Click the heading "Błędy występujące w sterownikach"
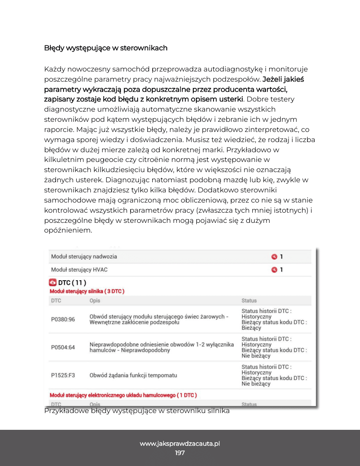tap(105, 48)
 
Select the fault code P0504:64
tap(63, 347)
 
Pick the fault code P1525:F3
tap(63, 375)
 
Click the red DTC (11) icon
tap(53, 282)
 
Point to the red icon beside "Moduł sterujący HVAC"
tap(274, 270)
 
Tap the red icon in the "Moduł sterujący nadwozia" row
tap(274, 256)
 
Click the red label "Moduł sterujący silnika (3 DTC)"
tap(87, 291)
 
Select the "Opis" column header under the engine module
tap(95, 301)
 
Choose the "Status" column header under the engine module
tap(249, 301)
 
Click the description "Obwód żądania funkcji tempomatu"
tap(133, 375)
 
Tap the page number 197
tap(180, 453)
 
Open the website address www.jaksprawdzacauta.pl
tap(180, 443)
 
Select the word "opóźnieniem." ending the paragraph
tap(68, 230)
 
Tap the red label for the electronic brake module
tap(123, 395)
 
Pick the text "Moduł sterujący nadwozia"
tap(84, 256)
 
